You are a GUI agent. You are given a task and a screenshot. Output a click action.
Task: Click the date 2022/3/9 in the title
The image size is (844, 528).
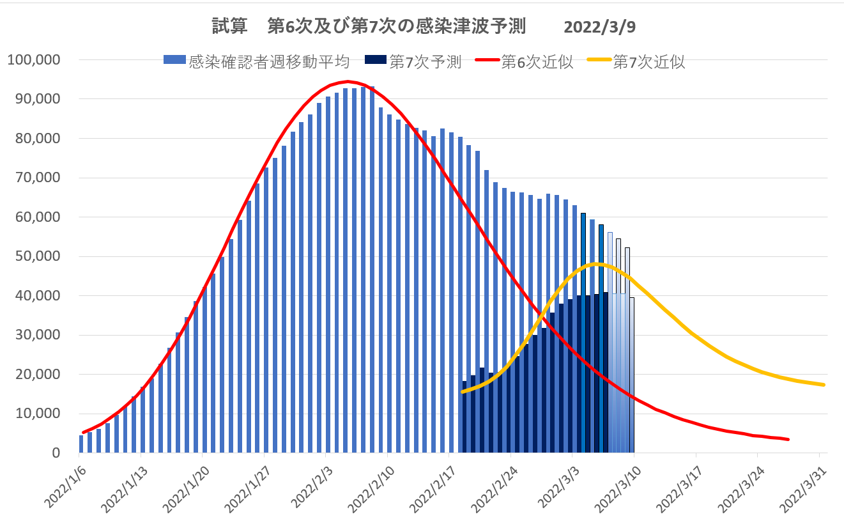coord(600,27)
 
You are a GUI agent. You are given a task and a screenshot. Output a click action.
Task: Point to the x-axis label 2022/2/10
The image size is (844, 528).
coord(372,492)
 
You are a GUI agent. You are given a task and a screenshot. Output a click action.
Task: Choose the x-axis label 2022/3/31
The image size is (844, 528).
coord(805,492)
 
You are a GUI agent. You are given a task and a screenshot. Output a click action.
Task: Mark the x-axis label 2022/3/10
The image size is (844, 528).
coord(620,492)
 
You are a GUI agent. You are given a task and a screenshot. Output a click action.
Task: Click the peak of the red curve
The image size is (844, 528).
coord(348,81)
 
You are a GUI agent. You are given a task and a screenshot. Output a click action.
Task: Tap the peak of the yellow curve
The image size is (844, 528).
coord(595,263)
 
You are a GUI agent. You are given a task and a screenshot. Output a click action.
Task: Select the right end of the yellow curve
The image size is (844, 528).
coord(824,384)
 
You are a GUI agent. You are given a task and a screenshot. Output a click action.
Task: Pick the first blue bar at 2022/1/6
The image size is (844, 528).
coord(81,444)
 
